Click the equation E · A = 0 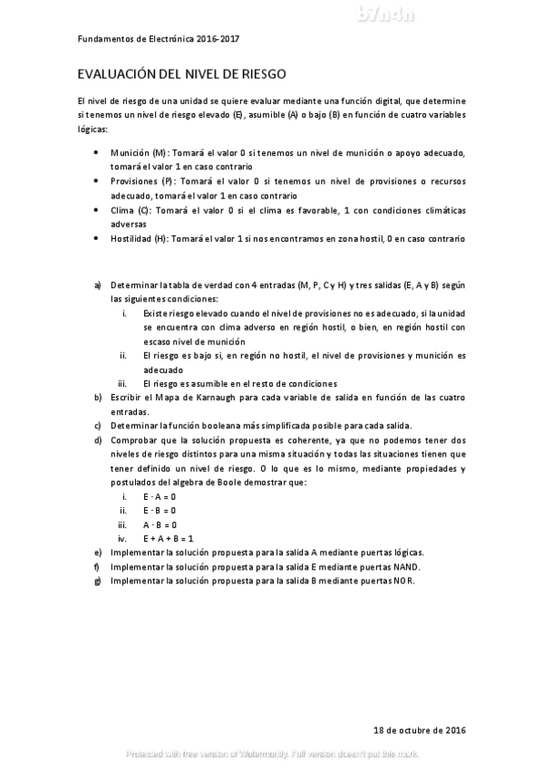pyautogui.click(x=160, y=497)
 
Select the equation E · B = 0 pyautogui.click(x=160, y=511)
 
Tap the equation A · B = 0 pyautogui.click(x=160, y=524)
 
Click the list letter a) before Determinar pyautogui.click(x=98, y=284)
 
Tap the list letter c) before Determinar pyautogui.click(x=98, y=426)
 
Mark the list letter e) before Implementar pyautogui.click(x=98, y=552)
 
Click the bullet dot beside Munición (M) pyautogui.click(x=98, y=153)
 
